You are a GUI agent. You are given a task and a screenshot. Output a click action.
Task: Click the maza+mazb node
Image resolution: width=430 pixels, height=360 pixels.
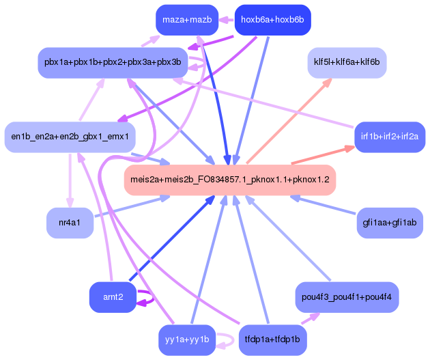186,20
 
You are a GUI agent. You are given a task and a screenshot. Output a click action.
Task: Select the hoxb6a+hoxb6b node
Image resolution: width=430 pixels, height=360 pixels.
272,20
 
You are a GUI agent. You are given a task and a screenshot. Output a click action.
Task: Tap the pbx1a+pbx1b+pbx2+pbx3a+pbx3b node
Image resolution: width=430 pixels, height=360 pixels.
113,62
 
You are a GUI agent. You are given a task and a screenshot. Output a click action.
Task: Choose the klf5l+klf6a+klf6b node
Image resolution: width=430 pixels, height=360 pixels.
346,62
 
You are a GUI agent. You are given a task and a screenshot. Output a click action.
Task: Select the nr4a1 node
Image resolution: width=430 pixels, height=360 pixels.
70,223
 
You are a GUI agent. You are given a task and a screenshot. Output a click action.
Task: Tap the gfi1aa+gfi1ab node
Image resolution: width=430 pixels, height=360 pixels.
390,223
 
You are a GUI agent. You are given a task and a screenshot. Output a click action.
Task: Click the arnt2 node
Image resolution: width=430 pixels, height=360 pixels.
113,297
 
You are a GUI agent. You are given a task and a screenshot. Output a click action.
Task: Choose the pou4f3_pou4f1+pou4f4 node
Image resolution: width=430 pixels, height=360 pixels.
346,297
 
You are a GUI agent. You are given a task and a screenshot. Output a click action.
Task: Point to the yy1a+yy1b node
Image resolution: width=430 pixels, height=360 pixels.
186,340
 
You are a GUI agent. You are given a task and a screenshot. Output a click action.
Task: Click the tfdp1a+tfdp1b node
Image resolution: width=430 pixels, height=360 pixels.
272,340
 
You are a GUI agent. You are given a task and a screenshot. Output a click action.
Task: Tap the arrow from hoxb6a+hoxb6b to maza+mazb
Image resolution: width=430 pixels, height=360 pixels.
227,20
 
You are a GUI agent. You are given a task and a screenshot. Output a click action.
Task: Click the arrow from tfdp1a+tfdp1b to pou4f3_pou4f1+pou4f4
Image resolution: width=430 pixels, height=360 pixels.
311,318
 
